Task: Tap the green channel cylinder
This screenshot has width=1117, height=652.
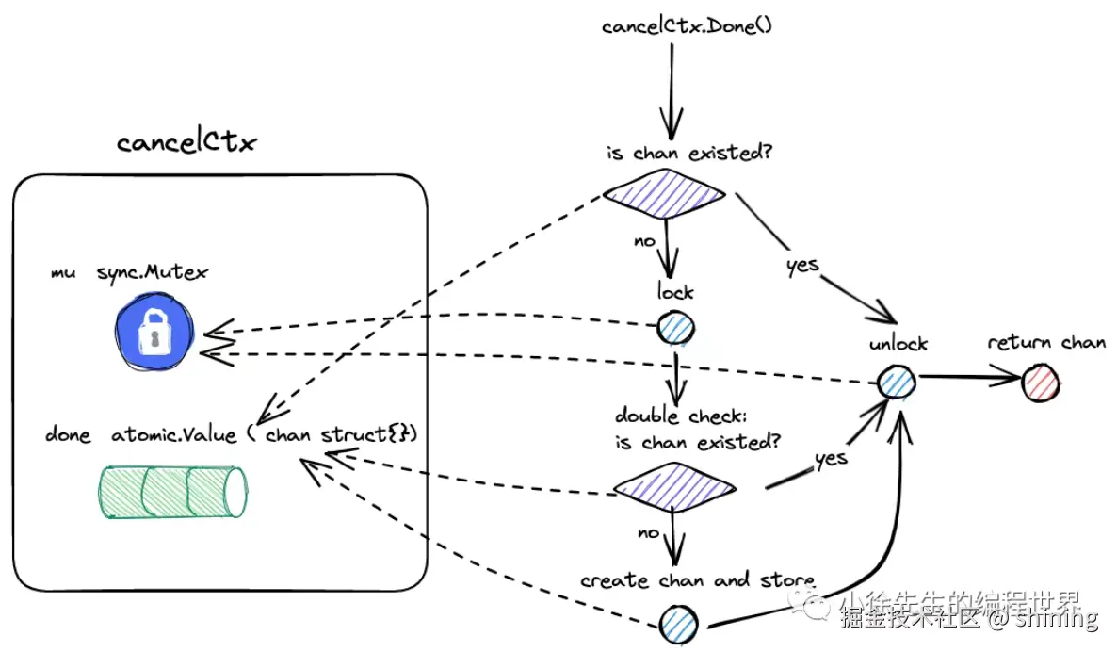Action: pos(173,492)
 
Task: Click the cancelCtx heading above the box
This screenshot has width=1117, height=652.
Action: pos(186,143)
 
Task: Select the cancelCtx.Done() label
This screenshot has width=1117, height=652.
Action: pos(687,25)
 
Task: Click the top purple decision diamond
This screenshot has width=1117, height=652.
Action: pos(664,194)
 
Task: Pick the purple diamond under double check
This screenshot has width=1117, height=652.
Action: pos(673,487)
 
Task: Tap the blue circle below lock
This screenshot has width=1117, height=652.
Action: pos(674,329)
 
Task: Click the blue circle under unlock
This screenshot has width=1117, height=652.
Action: pos(897,382)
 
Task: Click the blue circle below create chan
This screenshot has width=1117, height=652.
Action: pos(679,622)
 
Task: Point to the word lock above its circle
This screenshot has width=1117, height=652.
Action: pos(674,292)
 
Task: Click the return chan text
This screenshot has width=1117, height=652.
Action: pos(1046,342)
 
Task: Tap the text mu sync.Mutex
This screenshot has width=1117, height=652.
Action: pos(130,272)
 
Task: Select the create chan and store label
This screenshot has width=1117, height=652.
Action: pos(698,579)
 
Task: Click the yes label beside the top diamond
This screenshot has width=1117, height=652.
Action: pos(802,265)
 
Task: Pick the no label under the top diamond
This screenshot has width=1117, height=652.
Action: pos(644,240)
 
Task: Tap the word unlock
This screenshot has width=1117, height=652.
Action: pos(898,344)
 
